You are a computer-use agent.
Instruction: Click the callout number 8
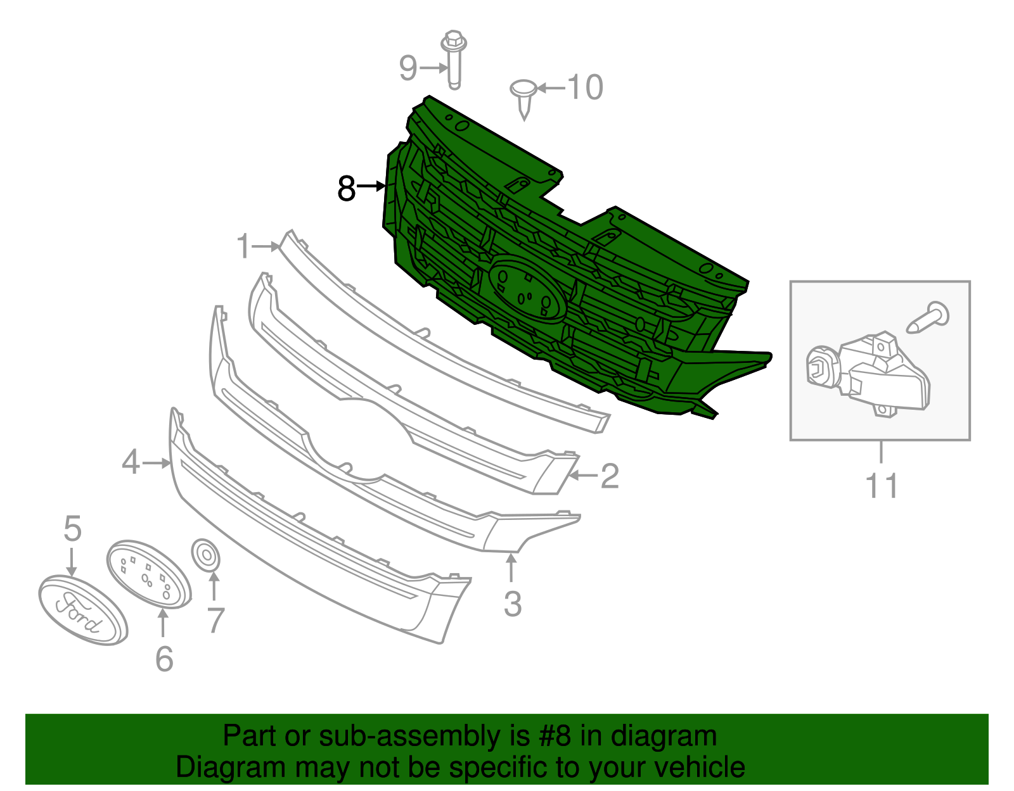coord(346,188)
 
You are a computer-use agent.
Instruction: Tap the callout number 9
coord(408,68)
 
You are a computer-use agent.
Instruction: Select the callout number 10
coord(584,87)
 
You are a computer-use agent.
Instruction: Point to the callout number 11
coord(882,486)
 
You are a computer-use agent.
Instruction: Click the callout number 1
coord(244,246)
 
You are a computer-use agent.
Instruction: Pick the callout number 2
coord(609,476)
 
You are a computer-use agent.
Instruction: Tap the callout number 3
coord(513,604)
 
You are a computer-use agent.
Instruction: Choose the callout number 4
coord(131,462)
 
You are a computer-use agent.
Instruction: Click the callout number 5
coord(73,528)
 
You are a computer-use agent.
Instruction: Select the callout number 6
coord(164,659)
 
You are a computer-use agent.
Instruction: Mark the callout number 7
coord(216,621)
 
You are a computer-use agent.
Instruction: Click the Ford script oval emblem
coord(83,611)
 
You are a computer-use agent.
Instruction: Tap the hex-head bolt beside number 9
coord(454,58)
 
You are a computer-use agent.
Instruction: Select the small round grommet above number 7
coord(205,555)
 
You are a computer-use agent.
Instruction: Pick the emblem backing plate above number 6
coord(148,574)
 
